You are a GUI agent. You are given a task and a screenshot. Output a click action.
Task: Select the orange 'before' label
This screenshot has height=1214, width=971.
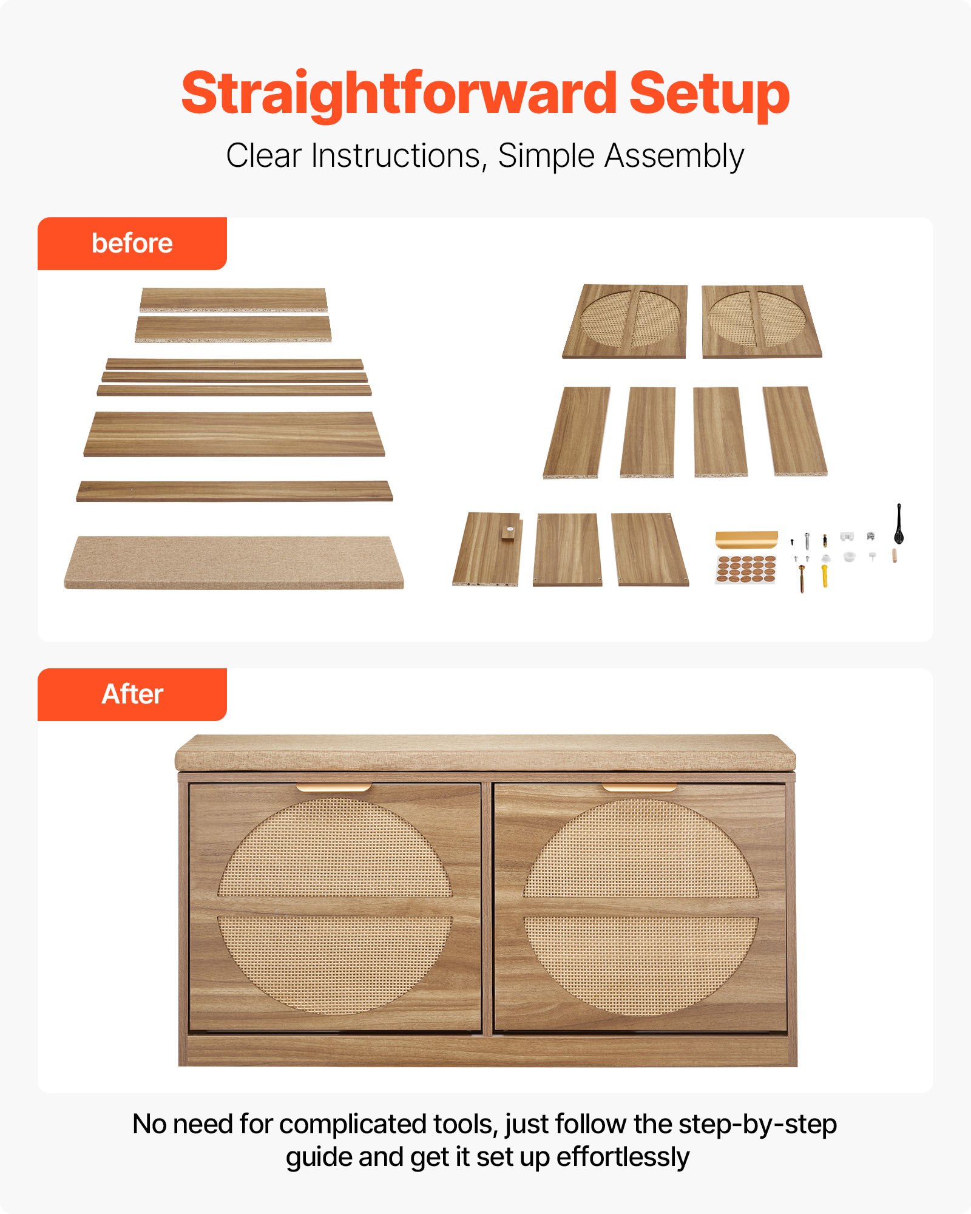click(x=132, y=243)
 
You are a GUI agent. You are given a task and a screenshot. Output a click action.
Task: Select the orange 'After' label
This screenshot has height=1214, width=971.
click(x=132, y=694)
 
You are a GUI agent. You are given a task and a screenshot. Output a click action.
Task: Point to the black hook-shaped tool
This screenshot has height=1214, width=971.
click(x=899, y=524)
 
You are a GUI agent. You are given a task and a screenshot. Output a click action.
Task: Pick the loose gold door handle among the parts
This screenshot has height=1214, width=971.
click(x=746, y=539)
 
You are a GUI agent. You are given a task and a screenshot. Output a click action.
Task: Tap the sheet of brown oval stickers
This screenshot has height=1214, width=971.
click(x=746, y=569)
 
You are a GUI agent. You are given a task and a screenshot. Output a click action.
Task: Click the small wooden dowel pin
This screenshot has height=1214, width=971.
click(x=894, y=555)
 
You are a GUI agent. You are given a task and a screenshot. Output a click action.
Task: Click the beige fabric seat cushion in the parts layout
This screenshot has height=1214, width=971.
click(x=234, y=562)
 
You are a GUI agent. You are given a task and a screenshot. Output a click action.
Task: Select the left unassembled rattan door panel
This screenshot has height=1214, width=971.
click(x=626, y=321)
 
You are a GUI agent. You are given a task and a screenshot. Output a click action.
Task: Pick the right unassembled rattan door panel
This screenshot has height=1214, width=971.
click(x=761, y=321)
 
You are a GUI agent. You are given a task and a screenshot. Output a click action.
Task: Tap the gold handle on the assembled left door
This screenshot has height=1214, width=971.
click(x=334, y=788)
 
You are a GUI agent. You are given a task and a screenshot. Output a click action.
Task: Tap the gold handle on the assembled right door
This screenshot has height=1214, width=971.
click(x=639, y=788)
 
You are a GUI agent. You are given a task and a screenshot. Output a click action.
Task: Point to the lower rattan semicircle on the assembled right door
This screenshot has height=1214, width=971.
click(x=641, y=959)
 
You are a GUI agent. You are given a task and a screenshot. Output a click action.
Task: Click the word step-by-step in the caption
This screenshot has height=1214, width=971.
click(x=757, y=1124)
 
